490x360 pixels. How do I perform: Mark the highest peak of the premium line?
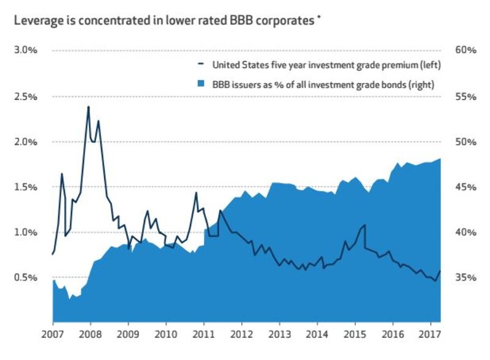[x=88, y=107]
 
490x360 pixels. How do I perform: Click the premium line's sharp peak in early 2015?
[x=364, y=225]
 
